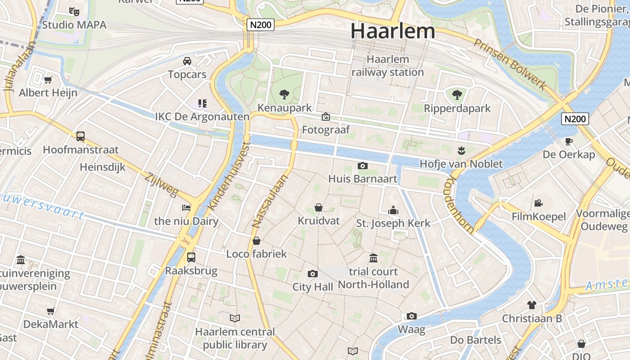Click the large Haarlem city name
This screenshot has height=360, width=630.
tap(393, 31)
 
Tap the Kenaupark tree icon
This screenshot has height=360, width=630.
tap(284, 94)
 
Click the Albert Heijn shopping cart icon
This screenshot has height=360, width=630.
tap(48, 80)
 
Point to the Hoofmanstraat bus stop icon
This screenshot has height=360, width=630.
tap(81, 136)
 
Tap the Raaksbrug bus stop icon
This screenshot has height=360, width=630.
tap(191, 257)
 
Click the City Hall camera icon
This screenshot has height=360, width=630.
tap(312, 274)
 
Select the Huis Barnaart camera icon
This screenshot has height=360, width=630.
tap(362, 166)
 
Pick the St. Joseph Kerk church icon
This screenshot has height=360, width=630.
tap(393, 210)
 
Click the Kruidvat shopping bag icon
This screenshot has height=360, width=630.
tap(319, 207)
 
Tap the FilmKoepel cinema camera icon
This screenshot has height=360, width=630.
tap(538, 203)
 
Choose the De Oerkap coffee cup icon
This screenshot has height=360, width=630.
tap(569, 141)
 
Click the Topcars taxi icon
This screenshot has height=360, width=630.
tap(187, 61)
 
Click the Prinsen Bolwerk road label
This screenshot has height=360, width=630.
tap(510, 63)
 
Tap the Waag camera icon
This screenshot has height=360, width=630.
tap(411, 316)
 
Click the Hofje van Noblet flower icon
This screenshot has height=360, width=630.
tap(461, 149)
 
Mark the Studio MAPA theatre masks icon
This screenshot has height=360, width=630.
tap(74, 11)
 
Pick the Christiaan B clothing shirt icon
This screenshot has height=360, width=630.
tap(532, 305)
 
